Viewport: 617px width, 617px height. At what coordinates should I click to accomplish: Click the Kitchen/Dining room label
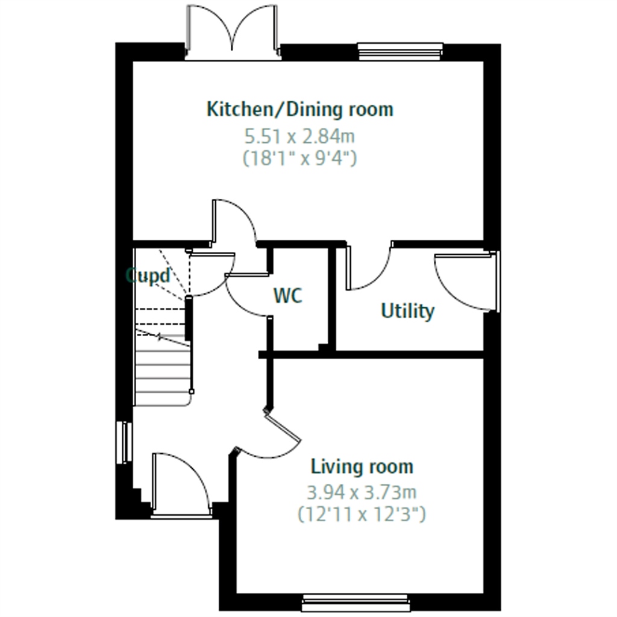pyautogui.click(x=300, y=110)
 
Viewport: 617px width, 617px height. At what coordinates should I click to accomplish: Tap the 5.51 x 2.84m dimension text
pyautogui.click(x=300, y=137)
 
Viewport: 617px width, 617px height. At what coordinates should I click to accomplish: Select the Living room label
pyautogui.click(x=362, y=467)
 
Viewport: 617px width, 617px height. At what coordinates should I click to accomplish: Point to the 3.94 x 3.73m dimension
pyautogui.click(x=362, y=492)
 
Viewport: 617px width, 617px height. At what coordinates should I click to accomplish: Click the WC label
pyautogui.click(x=288, y=295)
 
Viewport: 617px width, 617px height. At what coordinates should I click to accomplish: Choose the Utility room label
pyautogui.click(x=408, y=311)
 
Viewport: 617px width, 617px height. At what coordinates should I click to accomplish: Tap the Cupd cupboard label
pyautogui.click(x=148, y=275)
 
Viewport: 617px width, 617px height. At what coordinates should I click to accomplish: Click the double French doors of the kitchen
pyautogui.click(x=233, y=33)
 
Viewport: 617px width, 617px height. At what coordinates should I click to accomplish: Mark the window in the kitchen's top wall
pyautogui.click(x=401, y=52)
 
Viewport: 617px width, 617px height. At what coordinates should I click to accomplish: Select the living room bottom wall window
pyautogui.click(x=356, y=603)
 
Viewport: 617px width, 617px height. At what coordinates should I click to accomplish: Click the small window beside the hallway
pyautogui.click(x=124, y=442)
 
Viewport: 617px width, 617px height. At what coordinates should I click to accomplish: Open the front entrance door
pyautogui.click(x=181, y=484)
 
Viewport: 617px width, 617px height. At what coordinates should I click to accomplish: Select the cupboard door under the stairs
pyautogui.click(x=211, y=274)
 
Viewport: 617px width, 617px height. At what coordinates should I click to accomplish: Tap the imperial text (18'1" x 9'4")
pyautogui.click(x=300, y=158)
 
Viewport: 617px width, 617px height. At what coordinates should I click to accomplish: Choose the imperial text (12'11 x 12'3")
pyautogui.click(x=362, y=515)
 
